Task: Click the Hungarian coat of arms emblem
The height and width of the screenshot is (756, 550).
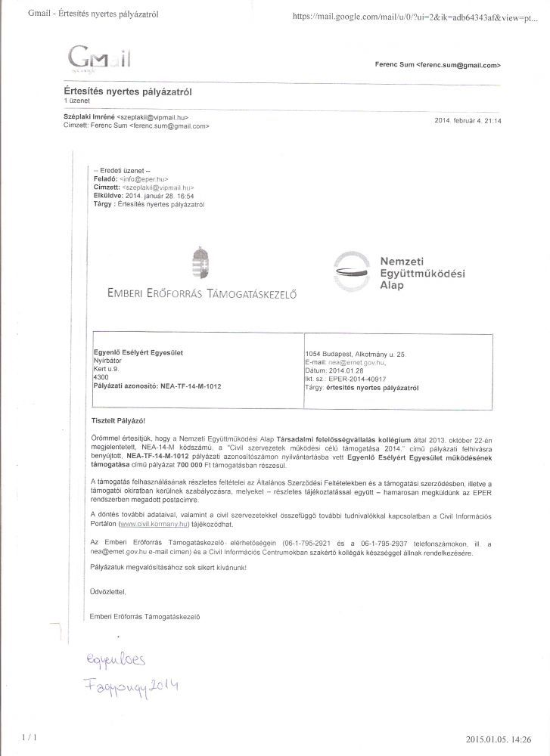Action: [x=200, y=262]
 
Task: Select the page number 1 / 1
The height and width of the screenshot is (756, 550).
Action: [x=30, y=735]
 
